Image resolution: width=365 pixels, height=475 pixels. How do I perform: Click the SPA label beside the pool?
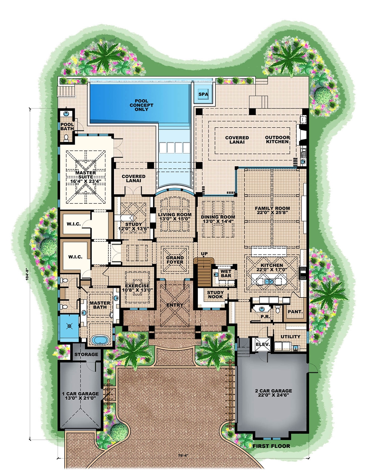[x=203, y=95]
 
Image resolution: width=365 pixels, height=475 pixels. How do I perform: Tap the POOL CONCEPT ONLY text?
[x=142, y=105]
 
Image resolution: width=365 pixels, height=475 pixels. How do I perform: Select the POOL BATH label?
[x=67, y=127]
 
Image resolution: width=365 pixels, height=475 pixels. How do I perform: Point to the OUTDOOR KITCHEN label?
[x=277, y=139]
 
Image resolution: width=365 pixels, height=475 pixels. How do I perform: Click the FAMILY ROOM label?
[x=272, y=208]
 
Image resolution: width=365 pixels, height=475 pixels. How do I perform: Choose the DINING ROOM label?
[x=218, y=217]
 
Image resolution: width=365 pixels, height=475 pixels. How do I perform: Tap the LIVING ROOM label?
[x=174, y=215]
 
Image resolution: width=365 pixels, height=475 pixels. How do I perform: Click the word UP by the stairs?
[x=204, y=254]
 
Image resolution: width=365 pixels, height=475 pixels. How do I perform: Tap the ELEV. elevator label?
[x=262, y=344]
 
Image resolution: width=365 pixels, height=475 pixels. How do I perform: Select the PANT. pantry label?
[x=295, y=312]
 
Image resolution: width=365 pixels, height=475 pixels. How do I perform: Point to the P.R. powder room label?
[x=265, y=317]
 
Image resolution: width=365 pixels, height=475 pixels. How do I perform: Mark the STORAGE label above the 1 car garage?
[x=86, y=355]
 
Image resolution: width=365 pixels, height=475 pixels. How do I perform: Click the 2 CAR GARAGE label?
[x=273, y=391]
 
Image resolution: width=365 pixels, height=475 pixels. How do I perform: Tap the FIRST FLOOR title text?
[x=271, y=446]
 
